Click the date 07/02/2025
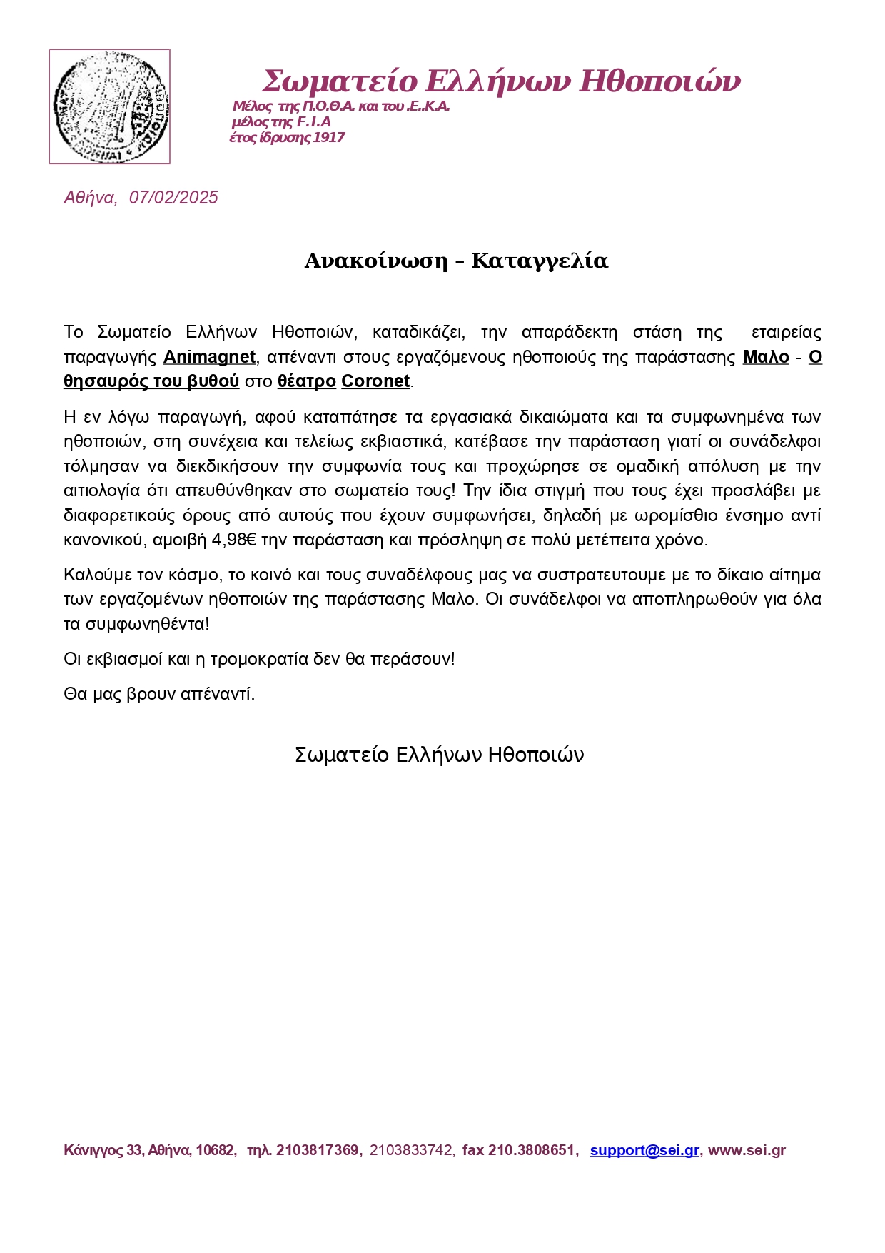coord(173,198)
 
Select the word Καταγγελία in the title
coord(540,261)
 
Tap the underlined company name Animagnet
coord(209,357)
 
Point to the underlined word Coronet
coord(375,381)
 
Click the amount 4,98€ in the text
coord(234,540)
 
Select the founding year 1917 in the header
coord(329,138)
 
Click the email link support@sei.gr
coord(644,1150)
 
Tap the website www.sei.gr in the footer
coord(747,1150)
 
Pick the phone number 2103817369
coord(317,1150)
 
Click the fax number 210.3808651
coord(531,1150)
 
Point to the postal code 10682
coord(215,1150)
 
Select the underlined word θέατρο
coord(306,381)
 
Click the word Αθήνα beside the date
coord(89,198)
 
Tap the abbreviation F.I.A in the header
coord(314,122)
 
